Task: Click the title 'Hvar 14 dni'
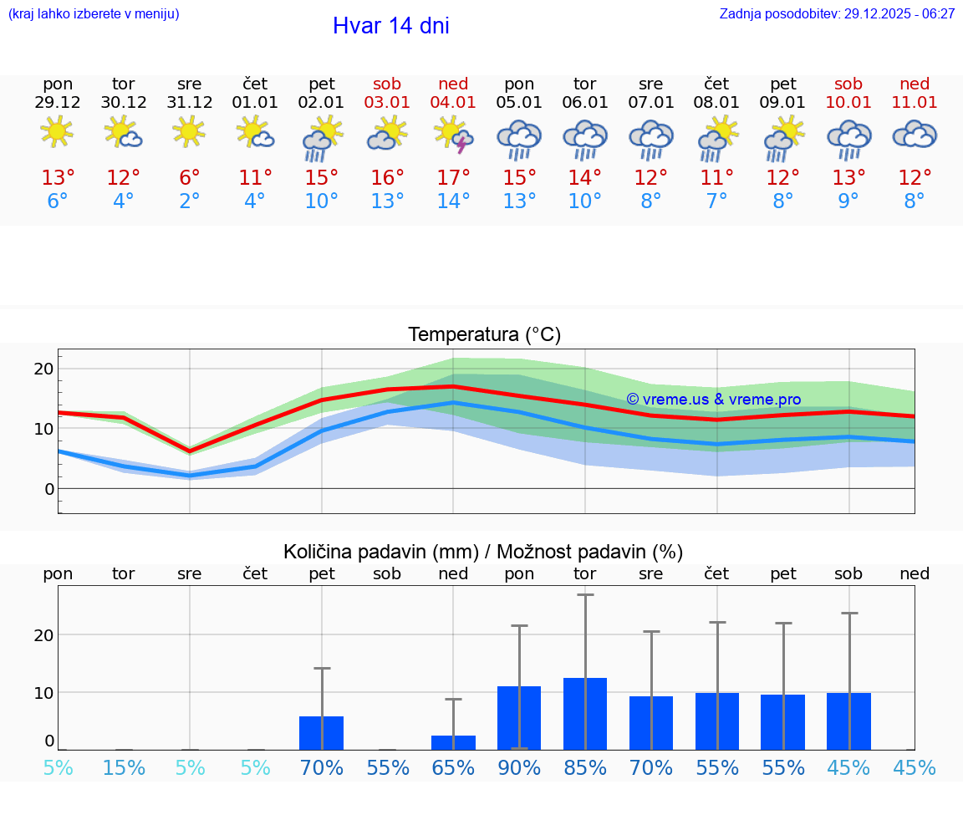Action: pos(390,26)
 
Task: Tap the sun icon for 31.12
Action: pos(190,131)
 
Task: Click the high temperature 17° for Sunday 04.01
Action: pos(453,178)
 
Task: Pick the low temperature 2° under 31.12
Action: pos(190,201)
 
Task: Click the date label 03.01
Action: pos(387,103)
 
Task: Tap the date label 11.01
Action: pos(915,103)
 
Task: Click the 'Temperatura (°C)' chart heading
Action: pos(484,335)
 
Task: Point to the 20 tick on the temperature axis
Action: pos(43,369)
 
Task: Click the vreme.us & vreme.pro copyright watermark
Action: pos(713,400)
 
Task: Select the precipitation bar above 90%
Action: pos(519,718)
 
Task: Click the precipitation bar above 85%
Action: pos(585,714)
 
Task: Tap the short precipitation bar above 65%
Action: pos(453,742)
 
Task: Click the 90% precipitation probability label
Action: pos(519,768)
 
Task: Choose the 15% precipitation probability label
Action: pos(124,768)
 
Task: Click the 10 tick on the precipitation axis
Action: pos(43,692)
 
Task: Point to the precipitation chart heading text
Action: pos(483,552)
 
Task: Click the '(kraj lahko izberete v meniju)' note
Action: pos(94,14)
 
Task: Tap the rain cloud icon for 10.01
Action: pos(848,138)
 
